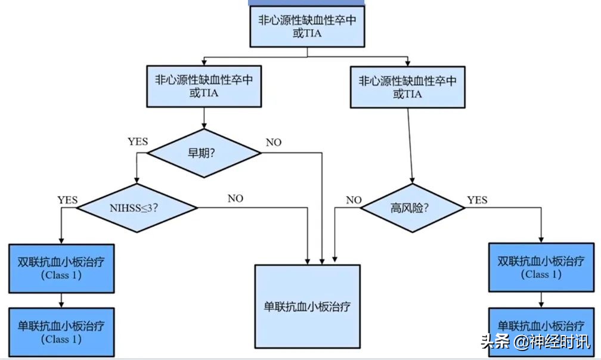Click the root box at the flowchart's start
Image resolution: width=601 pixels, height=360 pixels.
point(306,26)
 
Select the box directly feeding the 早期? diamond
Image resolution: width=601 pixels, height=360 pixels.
point(205,86)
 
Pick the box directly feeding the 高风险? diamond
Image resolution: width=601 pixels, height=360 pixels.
point(408,86)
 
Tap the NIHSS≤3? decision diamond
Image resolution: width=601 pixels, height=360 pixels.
point(138,208)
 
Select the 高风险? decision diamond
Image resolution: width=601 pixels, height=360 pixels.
point(413,208)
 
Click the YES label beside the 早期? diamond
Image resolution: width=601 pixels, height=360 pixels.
point(137,142)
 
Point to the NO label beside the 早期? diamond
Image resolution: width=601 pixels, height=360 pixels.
point(274,142)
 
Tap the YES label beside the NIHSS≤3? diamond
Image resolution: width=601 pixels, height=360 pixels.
point(67,200)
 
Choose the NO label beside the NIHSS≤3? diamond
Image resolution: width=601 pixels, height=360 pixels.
point(235,198)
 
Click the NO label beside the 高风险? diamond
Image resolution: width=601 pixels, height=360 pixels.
point(354,200)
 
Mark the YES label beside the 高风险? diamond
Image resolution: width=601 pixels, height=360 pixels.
point(478,199)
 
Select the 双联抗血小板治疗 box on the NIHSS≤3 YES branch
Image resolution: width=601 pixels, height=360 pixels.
point(61,268)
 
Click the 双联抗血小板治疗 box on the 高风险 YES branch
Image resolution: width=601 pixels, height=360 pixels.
point(541,268)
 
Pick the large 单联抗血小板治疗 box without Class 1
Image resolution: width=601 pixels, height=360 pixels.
point(308,306)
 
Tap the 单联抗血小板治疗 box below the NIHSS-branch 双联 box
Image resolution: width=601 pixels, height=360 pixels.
point(61,332)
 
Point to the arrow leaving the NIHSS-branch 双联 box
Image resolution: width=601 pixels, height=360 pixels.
point(61,299)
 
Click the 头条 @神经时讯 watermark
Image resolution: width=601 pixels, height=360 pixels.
point(535,342)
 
